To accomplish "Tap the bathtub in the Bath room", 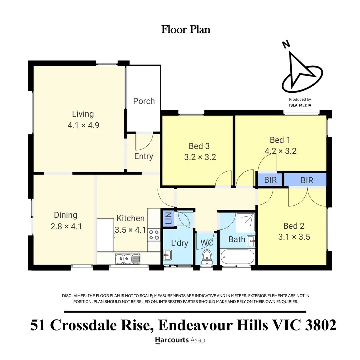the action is tap(237, 257).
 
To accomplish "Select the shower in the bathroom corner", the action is tap(245, 222).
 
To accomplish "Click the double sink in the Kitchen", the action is tap(127, 259).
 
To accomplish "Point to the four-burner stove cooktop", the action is tap(154, 235).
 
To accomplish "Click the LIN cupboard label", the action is tap(168, 218).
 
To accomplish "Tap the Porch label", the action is tap(144, 101).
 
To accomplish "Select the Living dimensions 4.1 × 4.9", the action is tap(83, 125).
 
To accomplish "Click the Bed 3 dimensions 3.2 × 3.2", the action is tap(200, 157).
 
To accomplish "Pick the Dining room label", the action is tap(65, 215).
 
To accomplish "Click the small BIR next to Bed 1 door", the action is tap(270, 180).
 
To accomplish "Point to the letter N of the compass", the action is tap(286, 44).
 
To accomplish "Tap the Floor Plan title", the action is tap(186, 29).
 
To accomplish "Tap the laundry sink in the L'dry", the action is tap(167, 255).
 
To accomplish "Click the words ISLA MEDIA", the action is tap(300, 105).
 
